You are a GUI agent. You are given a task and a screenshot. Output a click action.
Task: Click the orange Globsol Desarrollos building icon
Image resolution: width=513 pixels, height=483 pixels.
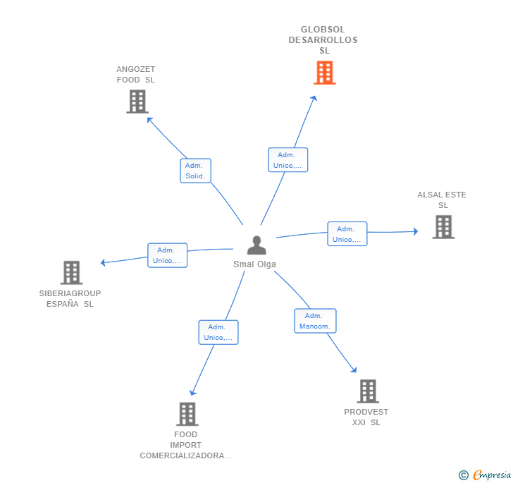pos(324,73)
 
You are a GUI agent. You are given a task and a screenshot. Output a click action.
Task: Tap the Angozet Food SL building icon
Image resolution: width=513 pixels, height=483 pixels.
pos(137,102)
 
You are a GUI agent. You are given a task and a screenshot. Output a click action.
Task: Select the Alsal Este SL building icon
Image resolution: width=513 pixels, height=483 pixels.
pos(443,227)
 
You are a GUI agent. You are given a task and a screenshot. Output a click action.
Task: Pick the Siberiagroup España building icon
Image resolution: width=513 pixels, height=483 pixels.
pos(71,272)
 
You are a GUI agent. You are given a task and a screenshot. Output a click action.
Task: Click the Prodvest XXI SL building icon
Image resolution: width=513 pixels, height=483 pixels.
pos(367,391)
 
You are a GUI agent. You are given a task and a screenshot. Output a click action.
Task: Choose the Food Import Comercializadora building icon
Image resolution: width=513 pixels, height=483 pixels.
pos(187,414)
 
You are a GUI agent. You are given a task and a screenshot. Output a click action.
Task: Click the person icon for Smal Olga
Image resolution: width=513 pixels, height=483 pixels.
pos(256,245)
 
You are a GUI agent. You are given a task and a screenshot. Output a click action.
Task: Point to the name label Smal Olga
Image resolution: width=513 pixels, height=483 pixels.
pos(255,264)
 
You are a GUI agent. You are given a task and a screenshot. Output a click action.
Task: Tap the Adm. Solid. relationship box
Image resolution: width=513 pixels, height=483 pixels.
pos(195,171)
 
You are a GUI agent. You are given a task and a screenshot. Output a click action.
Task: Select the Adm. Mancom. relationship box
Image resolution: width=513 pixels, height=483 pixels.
pos(315,321)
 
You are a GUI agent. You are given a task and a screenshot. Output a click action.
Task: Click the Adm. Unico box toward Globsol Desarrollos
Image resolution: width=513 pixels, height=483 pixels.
pos(288,160)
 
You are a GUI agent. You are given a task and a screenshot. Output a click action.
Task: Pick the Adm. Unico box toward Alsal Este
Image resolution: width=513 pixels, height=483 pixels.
pos(347,234)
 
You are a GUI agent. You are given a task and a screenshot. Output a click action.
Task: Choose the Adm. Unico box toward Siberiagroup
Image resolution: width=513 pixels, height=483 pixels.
pos(167,255)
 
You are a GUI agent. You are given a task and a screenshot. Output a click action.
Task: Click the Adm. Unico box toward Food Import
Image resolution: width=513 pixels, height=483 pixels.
pos(218,332)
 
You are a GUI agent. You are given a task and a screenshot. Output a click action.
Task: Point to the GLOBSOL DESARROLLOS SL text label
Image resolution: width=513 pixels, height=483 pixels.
pos(323,40)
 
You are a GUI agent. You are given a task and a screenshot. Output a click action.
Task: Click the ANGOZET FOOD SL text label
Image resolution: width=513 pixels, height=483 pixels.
pos(136,75)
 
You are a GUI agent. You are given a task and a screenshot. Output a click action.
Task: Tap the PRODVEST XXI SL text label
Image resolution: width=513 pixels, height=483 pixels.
pos(366,417)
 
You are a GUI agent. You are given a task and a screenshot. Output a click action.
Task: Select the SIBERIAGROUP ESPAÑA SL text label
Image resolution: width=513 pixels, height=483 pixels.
pos(70,299)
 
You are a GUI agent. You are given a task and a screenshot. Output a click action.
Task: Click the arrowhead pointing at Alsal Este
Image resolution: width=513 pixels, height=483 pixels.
pos(415,231)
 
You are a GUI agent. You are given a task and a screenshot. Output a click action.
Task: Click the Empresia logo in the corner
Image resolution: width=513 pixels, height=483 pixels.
pos(486,475)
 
